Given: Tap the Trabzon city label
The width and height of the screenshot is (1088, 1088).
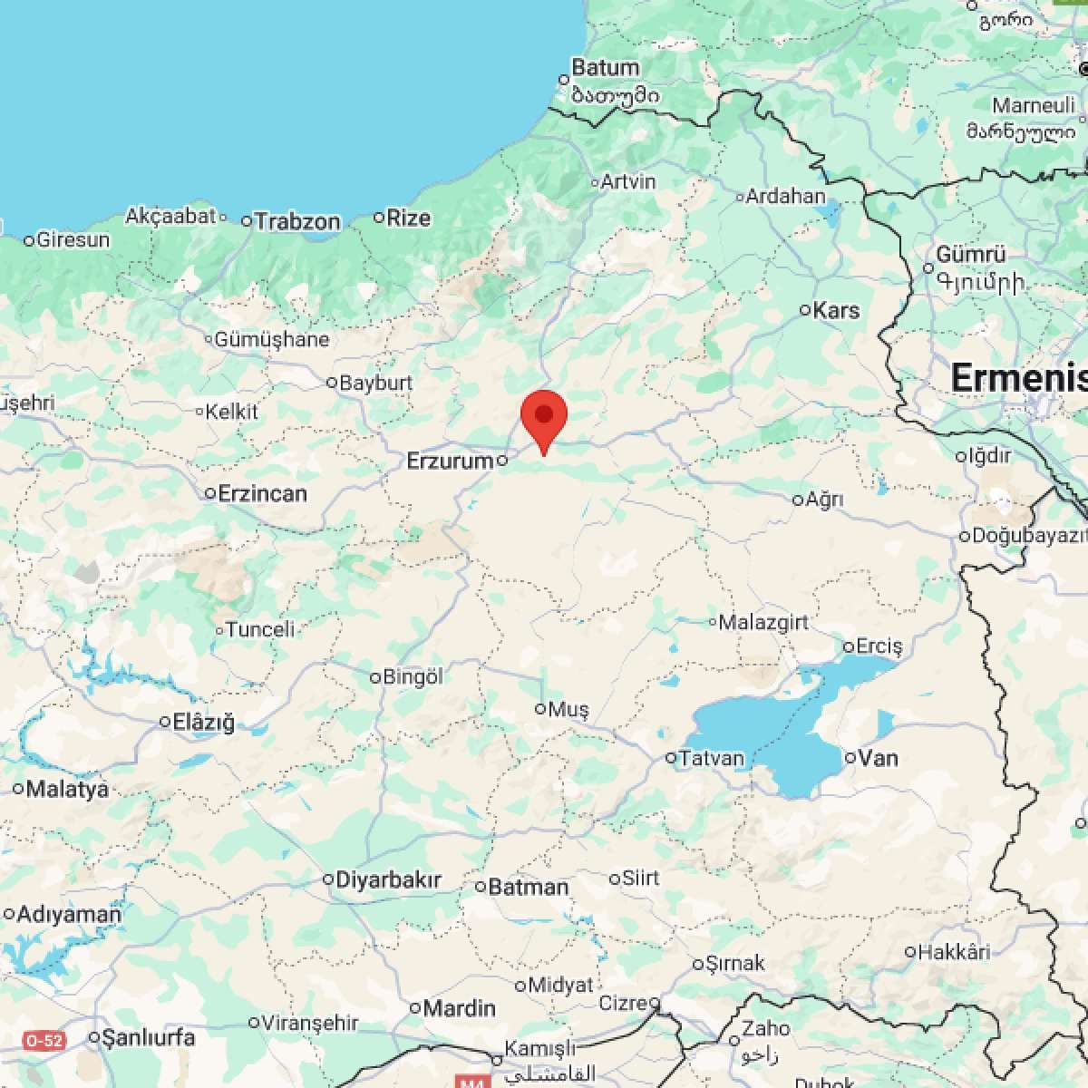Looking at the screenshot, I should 297,221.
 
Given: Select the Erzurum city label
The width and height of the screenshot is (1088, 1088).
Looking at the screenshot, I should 450,461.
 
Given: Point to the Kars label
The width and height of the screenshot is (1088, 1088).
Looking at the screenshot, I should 836,310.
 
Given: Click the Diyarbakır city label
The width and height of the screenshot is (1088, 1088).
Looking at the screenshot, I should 388,879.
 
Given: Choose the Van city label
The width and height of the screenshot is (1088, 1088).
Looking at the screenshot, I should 878,757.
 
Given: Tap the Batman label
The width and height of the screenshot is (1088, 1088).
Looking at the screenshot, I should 529,887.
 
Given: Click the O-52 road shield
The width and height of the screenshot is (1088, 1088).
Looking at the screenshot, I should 44,1040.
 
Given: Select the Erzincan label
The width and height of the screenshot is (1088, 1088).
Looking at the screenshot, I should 262,494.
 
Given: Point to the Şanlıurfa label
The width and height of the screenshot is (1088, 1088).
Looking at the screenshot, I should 148,1037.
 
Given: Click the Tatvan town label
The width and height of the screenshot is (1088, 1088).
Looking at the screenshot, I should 712,758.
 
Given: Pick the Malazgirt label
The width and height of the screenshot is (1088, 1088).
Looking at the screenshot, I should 763,623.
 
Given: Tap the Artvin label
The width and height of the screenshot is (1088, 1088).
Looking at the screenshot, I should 628,182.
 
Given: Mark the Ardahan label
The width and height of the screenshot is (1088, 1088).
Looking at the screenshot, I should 785,196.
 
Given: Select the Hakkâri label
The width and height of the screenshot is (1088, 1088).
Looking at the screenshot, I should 954,952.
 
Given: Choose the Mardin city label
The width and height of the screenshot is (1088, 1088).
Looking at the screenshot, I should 460,1007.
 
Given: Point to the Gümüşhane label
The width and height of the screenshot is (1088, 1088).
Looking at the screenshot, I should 272,340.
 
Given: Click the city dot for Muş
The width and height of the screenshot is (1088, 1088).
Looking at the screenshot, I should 540,709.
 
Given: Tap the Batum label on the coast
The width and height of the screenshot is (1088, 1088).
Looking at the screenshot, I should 606,68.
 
